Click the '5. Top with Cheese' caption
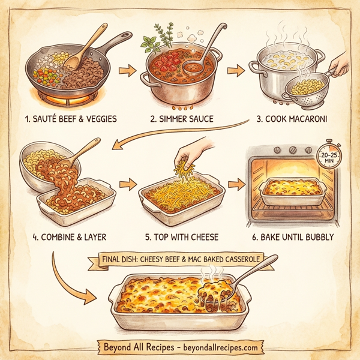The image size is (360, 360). point(180,237)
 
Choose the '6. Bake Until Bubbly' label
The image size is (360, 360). point(293,237)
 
